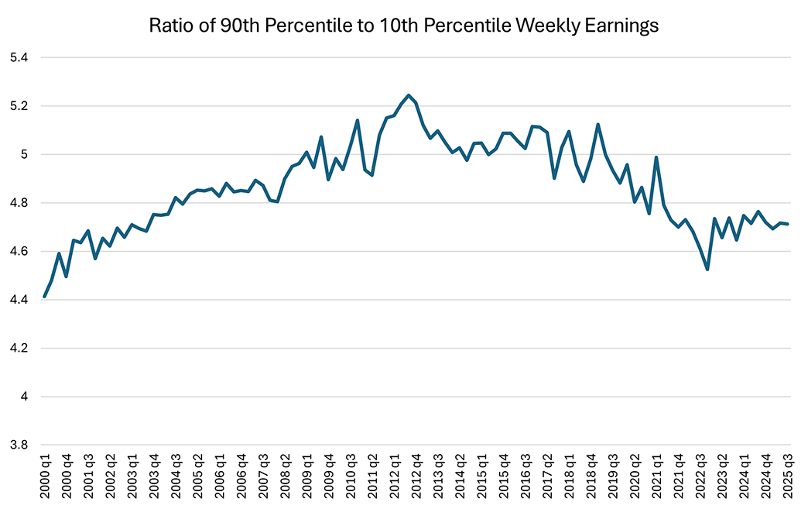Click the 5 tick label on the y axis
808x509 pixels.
coord(23,155)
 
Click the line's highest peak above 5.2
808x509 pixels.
coord(409,95)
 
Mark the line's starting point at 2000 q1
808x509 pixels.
coord(44,296)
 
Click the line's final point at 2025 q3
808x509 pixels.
coord(788,225)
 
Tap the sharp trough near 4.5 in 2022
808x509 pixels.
coord(707,269)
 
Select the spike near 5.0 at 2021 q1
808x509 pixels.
coord(656,157)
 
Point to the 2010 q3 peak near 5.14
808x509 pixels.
coord(358,120)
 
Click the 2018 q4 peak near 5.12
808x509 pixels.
coord(598,125)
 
